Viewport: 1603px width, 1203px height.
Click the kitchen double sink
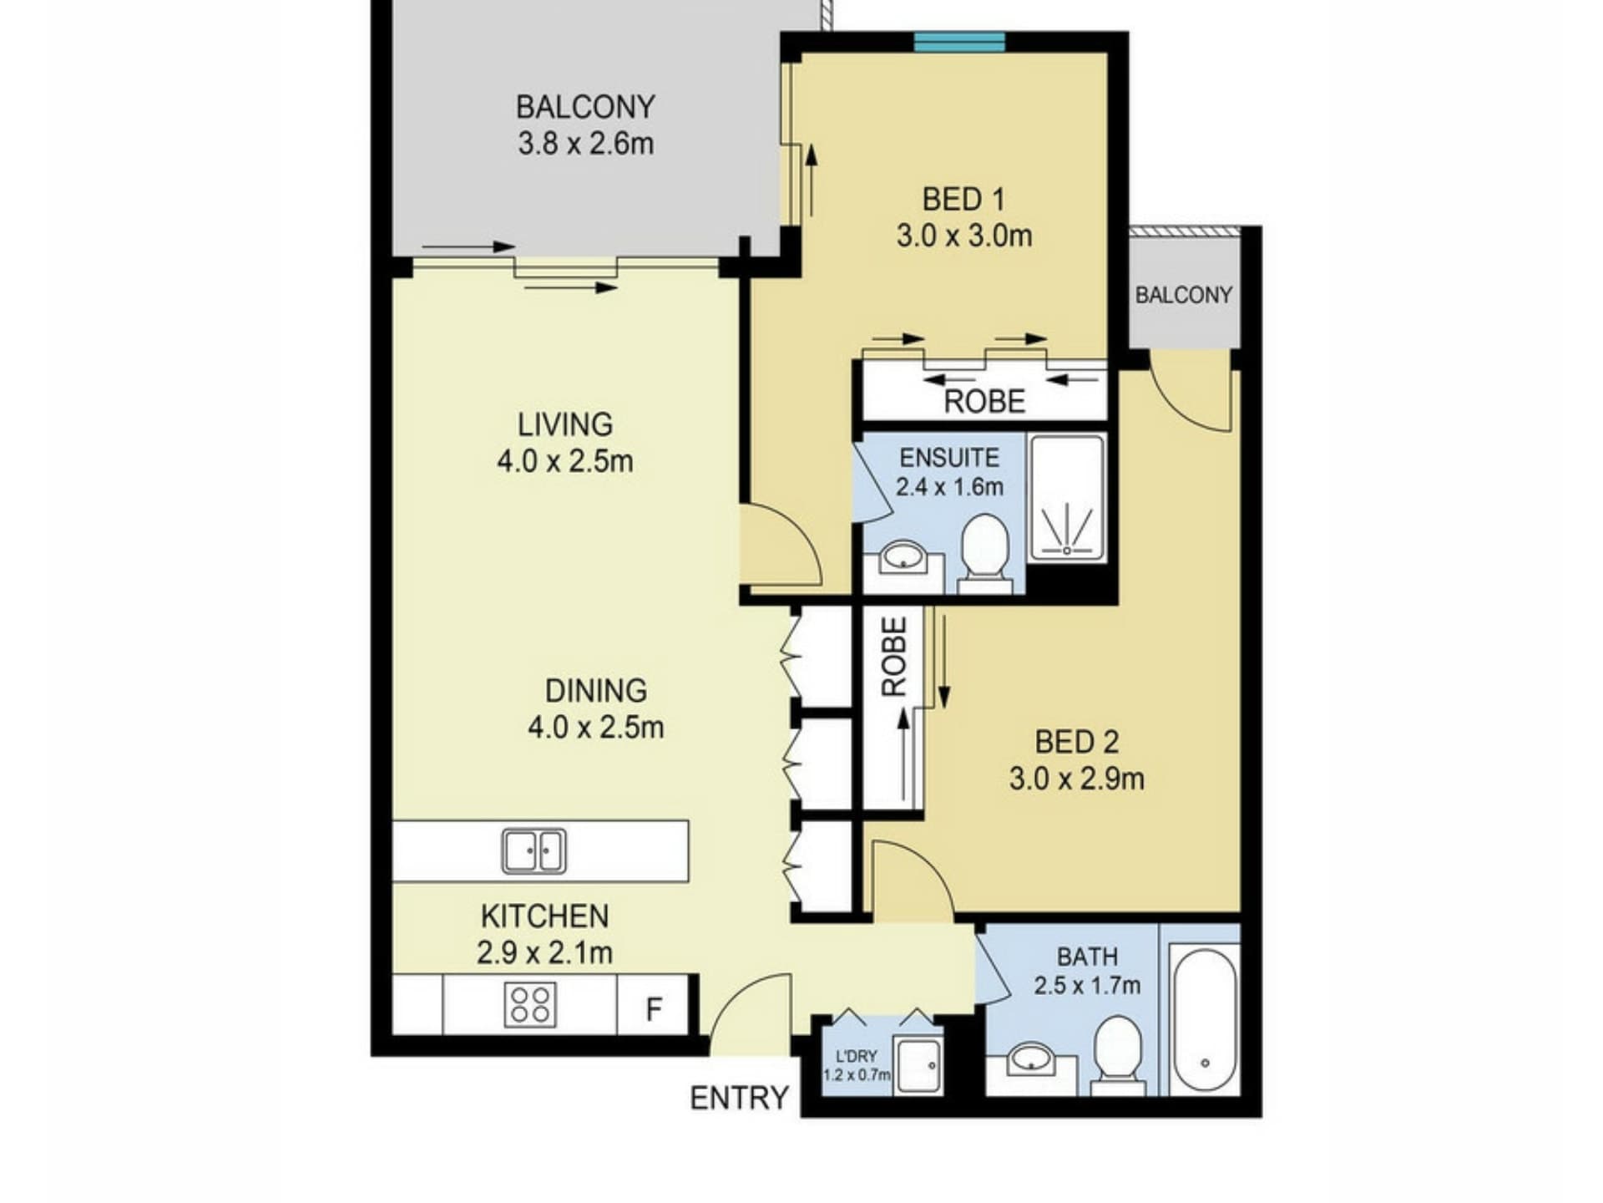(533, 850)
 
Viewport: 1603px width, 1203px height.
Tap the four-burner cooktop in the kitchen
(530, 1004)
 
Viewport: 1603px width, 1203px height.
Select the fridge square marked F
(653, 1005)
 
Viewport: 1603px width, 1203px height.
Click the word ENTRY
(739, 1097)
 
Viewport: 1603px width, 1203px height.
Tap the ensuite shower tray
(1067, 497)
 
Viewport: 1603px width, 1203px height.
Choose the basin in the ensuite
(903, 556)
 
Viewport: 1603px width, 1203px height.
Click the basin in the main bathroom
(1032, 1058)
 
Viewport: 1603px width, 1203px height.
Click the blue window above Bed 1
(959, 42)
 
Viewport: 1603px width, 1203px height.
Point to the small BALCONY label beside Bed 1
(1183, 295)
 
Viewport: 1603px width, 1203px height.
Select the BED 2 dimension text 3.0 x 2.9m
(1076, 779)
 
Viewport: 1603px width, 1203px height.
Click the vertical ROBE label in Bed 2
(894, 657)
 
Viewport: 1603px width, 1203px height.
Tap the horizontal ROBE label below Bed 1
(984, 402)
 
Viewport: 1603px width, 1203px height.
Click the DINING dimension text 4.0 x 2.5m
(595, 728)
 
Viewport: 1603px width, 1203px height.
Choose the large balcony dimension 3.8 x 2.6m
(585, 144)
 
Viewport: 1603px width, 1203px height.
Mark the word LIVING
(565, 424)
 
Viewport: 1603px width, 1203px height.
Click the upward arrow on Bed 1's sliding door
(810, 180)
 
